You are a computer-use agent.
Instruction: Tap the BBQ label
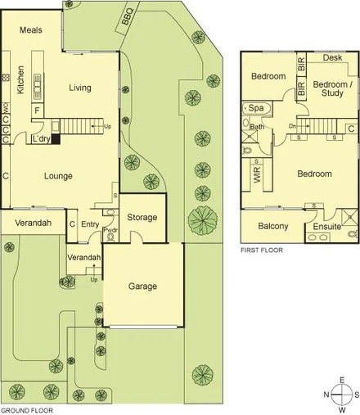tap(126, 24)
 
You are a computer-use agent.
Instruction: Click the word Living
tap(79, 88)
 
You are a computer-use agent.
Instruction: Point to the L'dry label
tap(38, 139)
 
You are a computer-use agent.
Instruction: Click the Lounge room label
tap(58, 175)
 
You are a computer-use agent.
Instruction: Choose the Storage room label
tap(142, 218)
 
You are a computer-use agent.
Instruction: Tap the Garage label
tap(142, 286)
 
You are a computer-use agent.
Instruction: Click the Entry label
tap(90, 223)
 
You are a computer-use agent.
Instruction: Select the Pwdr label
tap(110, 232)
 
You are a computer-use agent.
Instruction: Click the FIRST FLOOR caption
tap(261, 250)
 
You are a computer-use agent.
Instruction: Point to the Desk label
tap(332, 58)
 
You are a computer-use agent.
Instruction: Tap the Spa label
tap(256, 108)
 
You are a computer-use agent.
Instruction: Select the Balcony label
tap(272, 227)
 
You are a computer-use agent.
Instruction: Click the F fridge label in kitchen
tap(37, 109)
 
